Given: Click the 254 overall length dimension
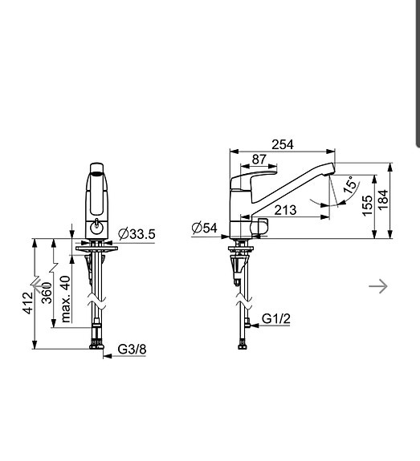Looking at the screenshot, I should [x=282, y=144].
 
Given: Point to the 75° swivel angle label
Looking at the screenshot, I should [x=350, y=186].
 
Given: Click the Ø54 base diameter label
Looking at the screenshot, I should [x=205, y=228].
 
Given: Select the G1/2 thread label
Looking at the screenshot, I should [x=276, y=319].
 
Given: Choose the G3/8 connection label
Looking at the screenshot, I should [x=133, y=350].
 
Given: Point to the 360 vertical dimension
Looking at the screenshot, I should [x=48, y=293].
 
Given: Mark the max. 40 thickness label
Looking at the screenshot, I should [x=65, y=297].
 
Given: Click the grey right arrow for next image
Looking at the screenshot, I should [x=378, y=285].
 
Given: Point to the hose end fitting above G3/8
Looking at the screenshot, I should [x=97, y=343].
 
